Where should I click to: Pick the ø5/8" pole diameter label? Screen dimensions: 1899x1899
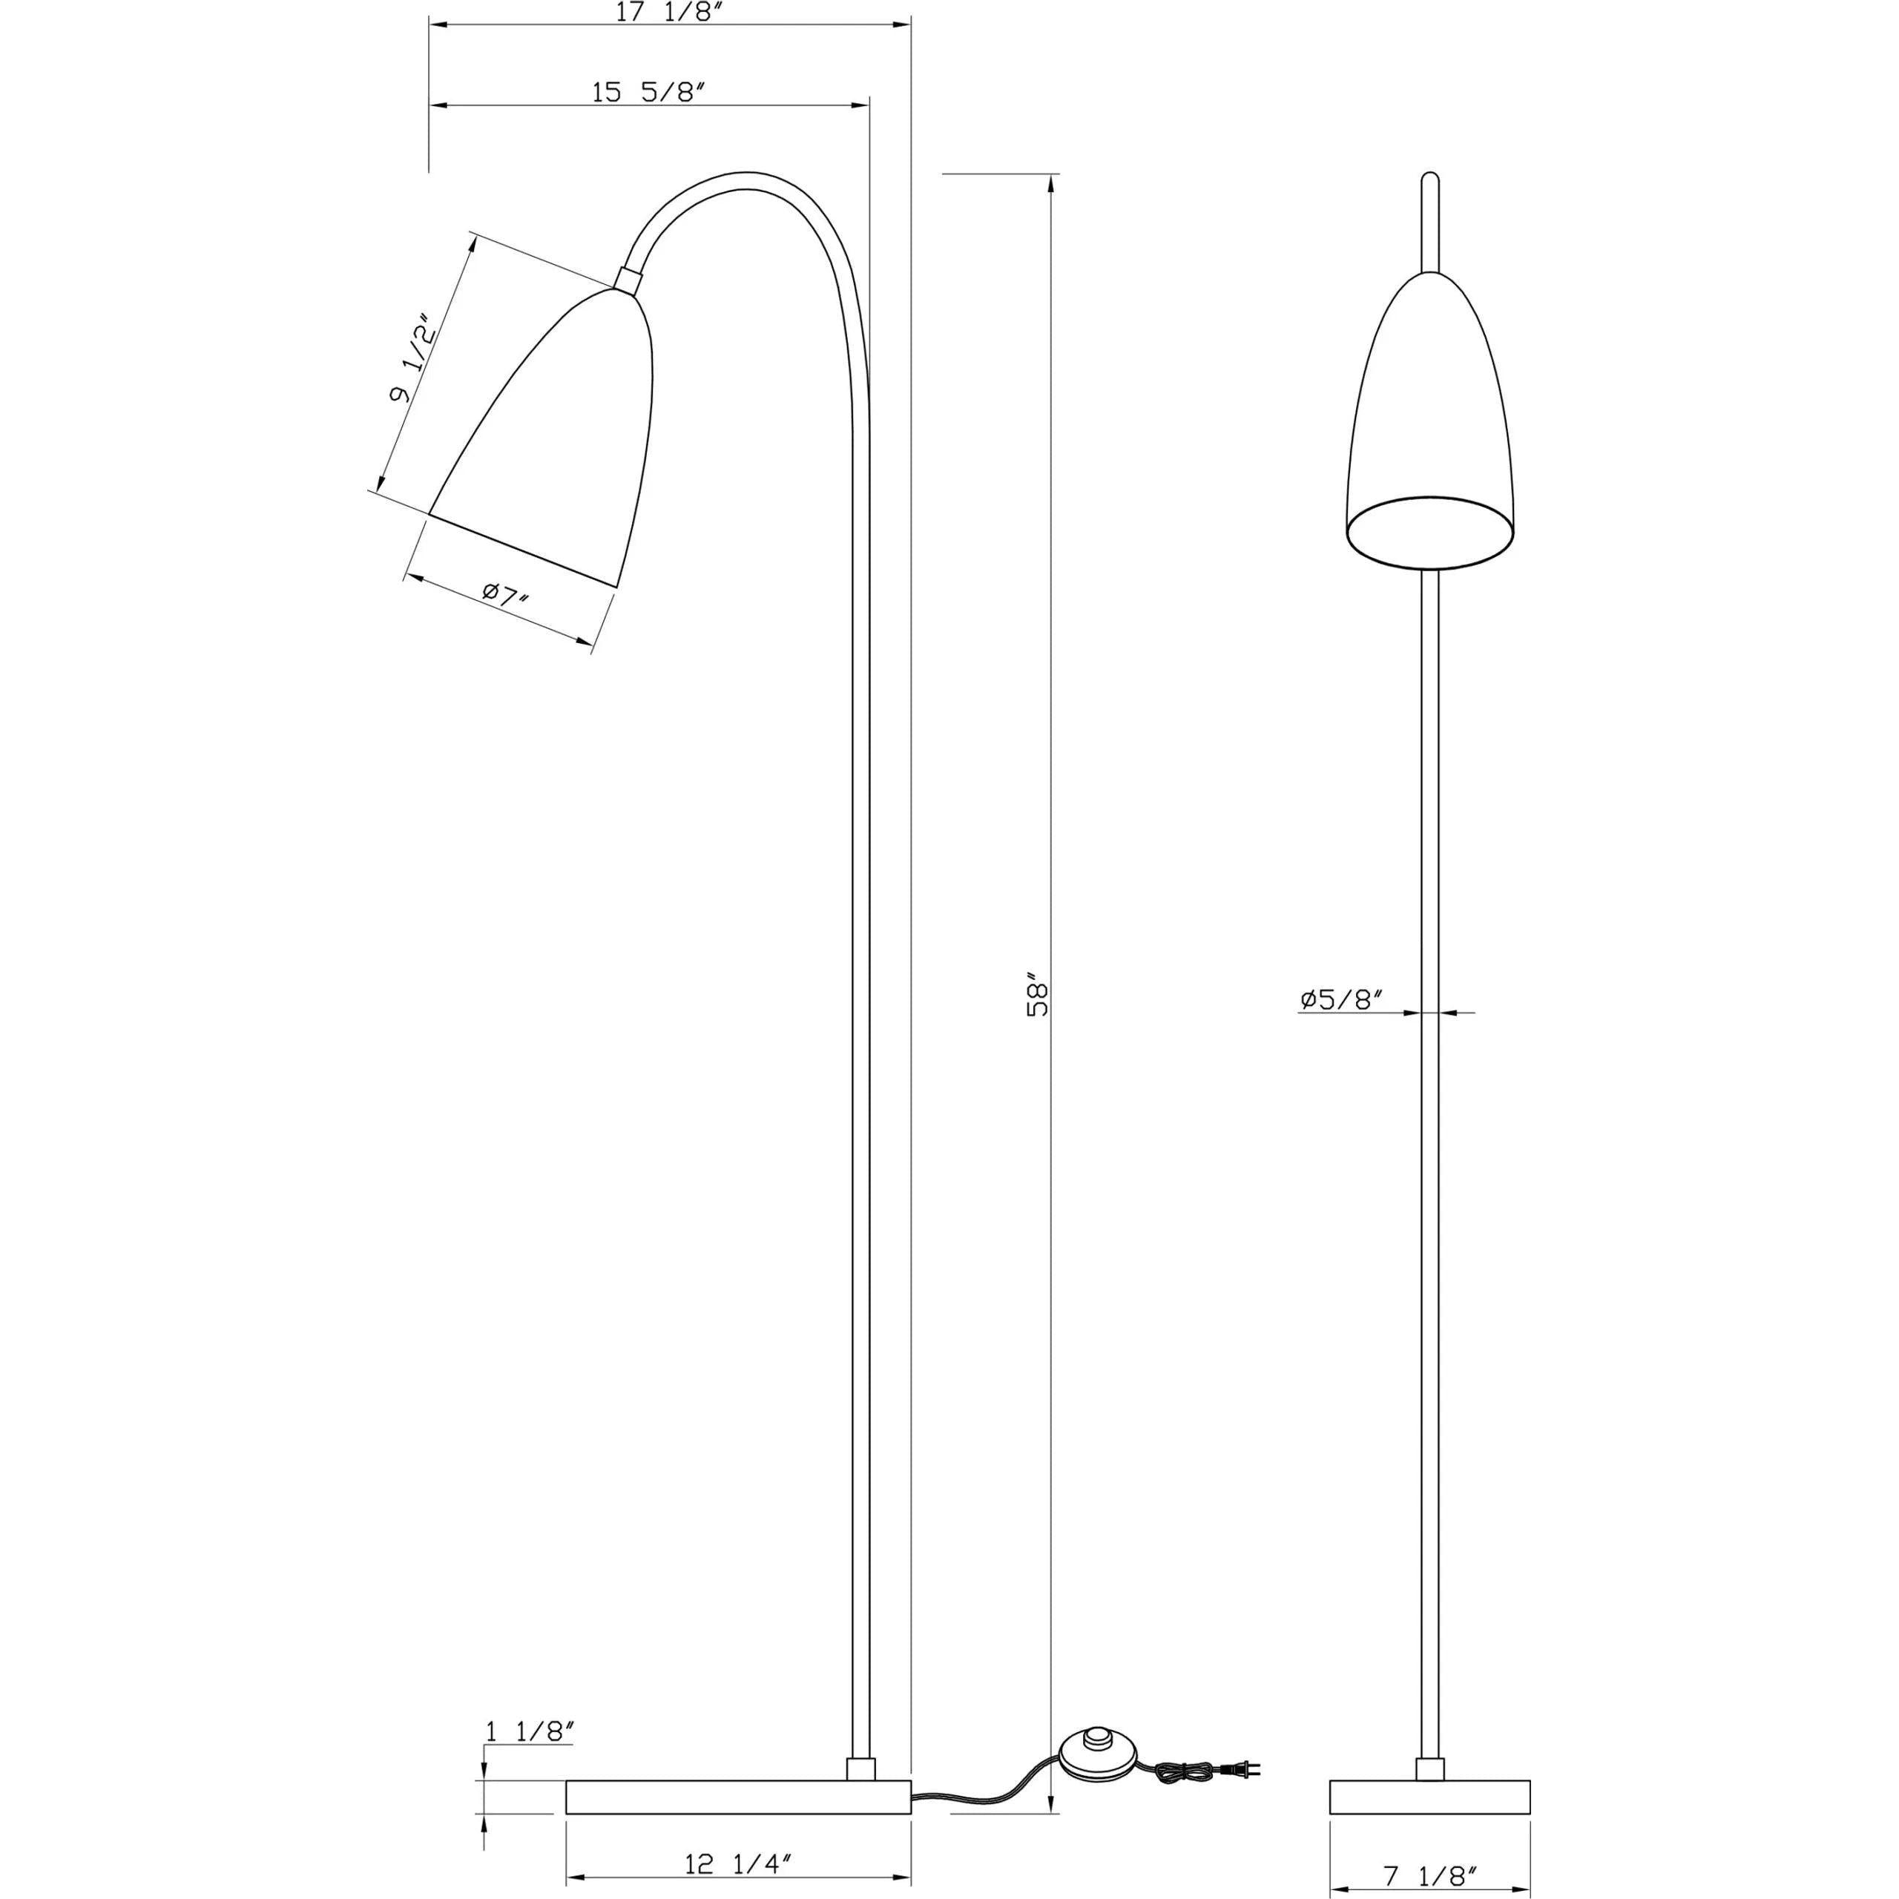[x=1342, y=1000]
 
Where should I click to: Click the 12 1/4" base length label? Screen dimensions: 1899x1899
[x=737, y=1835]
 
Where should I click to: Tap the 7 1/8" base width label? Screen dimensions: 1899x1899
[x=1431, y=1875]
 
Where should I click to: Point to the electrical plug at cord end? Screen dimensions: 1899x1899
[x=1243, y=1717]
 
